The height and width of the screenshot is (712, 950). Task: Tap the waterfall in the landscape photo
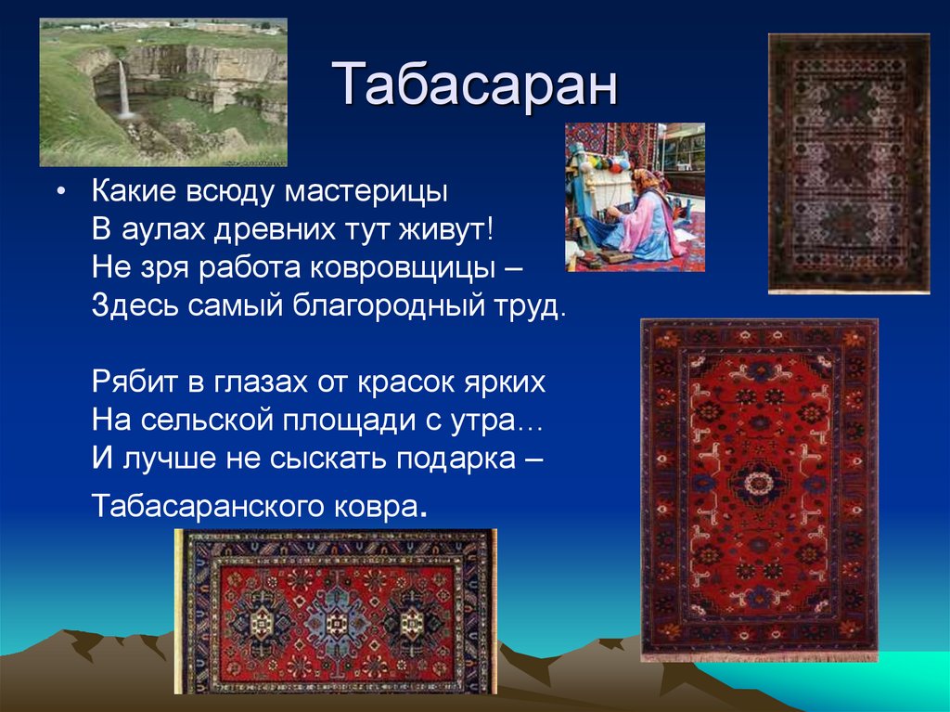pyautogui.click(x=123, y=88)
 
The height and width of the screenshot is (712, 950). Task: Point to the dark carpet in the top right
pyautogui.click(x=849, y=163)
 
